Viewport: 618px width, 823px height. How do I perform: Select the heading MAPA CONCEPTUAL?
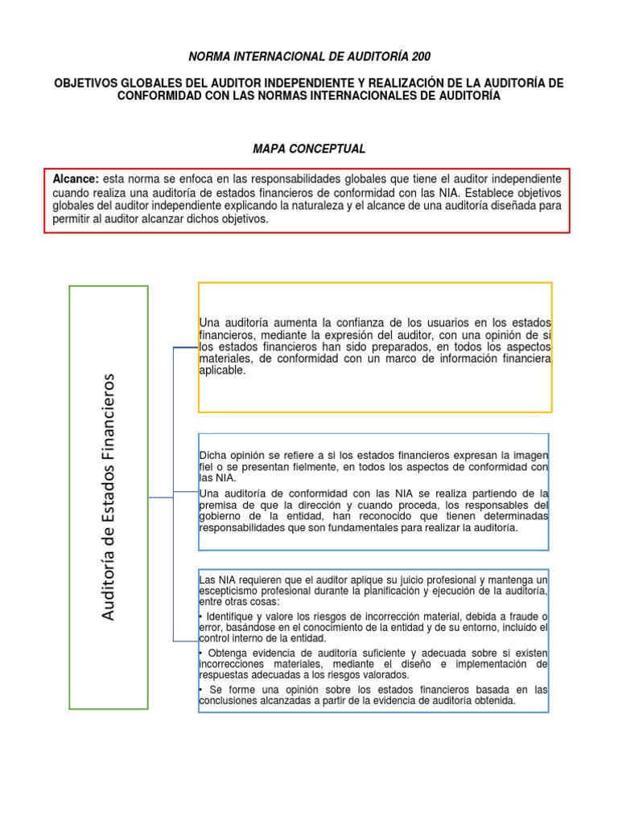click(x=310, y=149)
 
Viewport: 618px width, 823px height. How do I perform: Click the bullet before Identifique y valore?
click(x=200, y=615)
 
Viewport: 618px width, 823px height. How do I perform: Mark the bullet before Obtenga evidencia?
click(x=200, y=652)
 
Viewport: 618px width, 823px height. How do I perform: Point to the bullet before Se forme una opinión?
click(x=200, y=689)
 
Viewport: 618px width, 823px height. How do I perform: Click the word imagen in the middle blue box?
click(x=530, y=454)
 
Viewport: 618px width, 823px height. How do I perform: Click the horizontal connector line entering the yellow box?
click(x=184, y=347)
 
